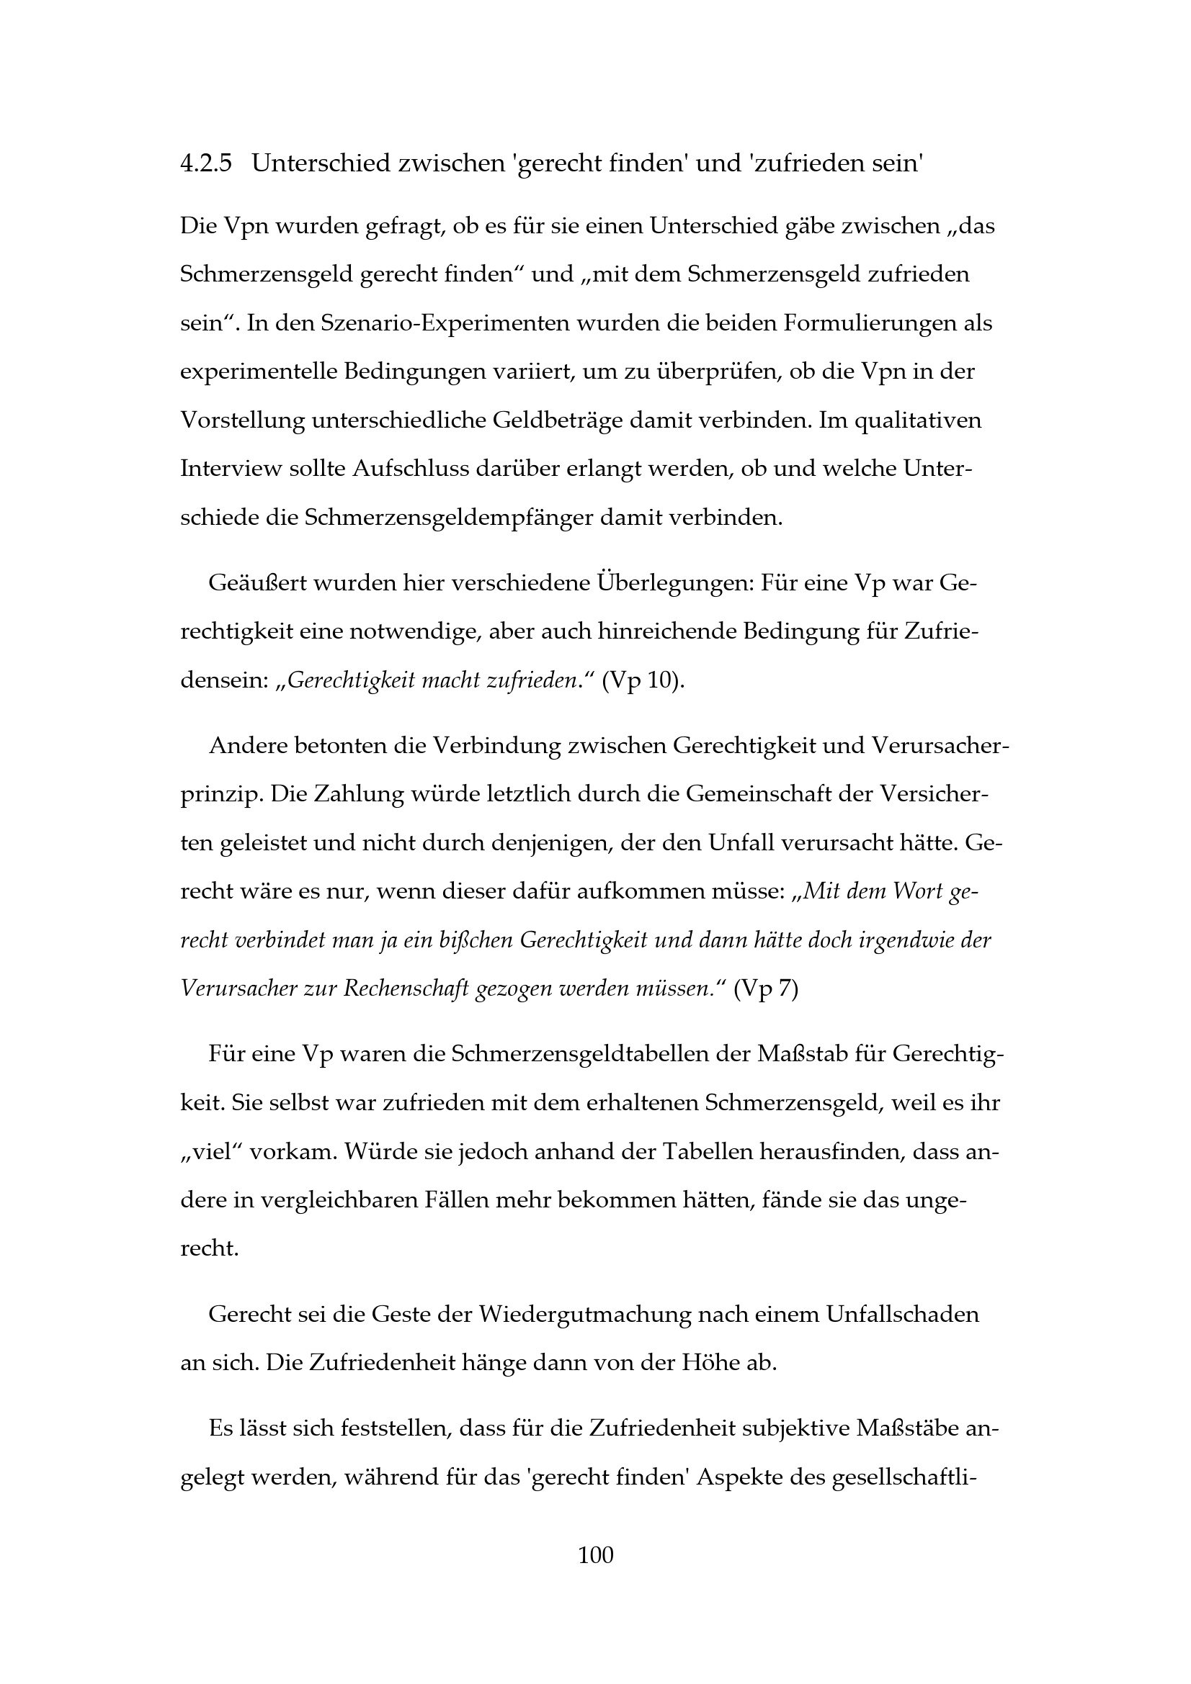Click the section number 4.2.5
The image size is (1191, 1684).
pyautogui.click(x=205, y=163)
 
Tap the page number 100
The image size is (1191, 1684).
pyautogui.click(x=595, y=1554)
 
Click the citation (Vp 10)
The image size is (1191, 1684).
pyautogui.click(x=643, y=680)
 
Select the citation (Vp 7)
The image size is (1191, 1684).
pyautogui.click(x=766, y=989)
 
